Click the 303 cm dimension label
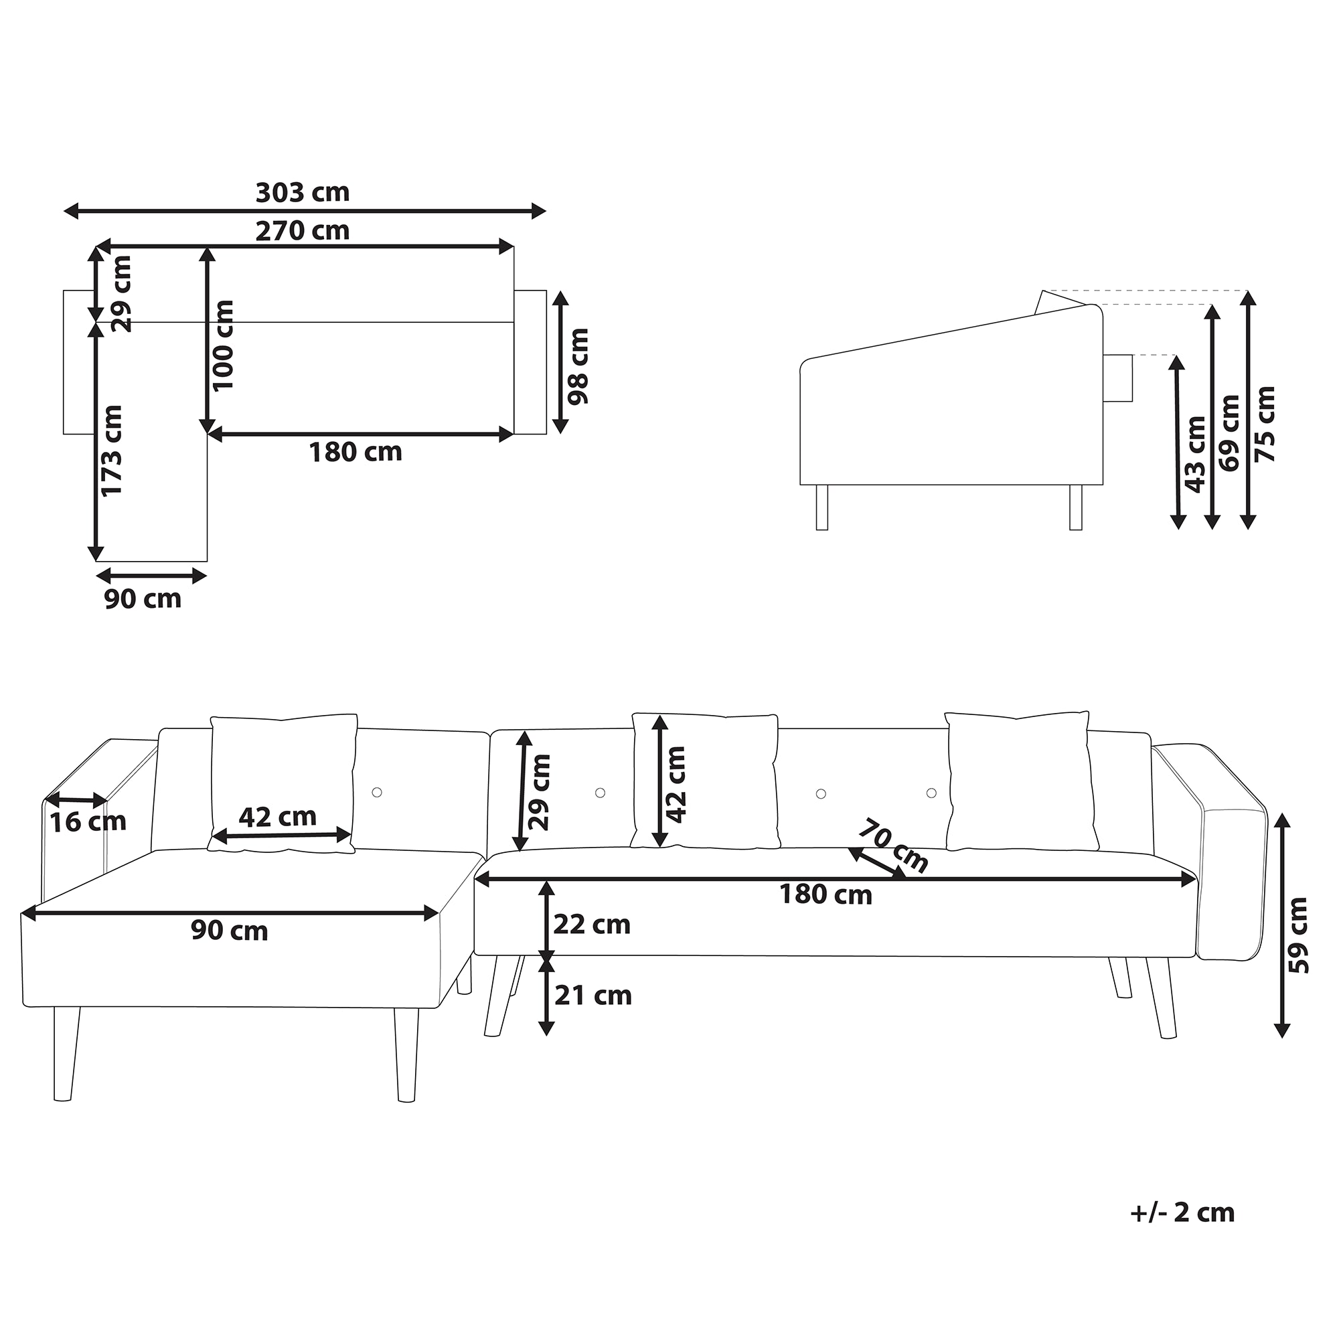coord(303,192)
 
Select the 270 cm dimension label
coord(303,231)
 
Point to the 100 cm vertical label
coord(223,345)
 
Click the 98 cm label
coord(577,366)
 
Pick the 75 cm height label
coord(1265,425)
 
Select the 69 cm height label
coord(1229,433)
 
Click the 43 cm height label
coord(1196,454)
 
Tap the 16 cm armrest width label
coord(88,823)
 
